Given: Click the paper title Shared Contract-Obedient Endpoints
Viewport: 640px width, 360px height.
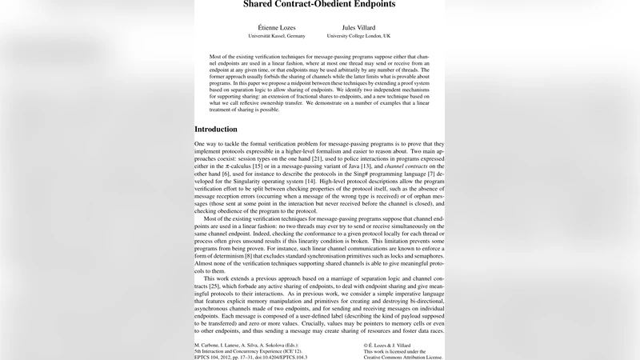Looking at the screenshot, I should point(319,4).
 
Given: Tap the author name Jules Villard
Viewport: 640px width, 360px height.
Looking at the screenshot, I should point(358,26).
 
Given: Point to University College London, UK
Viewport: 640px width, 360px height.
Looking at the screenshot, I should point(359,36).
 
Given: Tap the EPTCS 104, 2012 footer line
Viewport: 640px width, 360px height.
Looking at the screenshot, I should point(250,357).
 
